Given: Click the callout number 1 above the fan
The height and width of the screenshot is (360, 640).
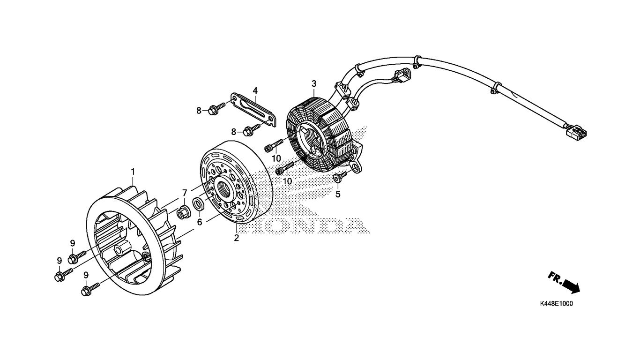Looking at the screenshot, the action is (133, 172).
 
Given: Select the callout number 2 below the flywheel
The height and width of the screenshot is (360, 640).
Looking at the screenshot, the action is (236, 238).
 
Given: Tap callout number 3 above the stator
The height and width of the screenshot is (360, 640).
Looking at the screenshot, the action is (314, 84).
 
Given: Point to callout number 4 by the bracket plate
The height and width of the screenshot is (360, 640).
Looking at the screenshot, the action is (255, 91).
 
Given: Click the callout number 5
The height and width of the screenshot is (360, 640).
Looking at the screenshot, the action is (338, 195).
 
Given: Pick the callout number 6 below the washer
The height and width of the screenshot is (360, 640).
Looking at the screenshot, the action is (200, 222).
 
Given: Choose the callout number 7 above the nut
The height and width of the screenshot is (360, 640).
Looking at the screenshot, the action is (185, 193).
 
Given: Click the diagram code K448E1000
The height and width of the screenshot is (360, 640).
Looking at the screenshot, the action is (556, 304).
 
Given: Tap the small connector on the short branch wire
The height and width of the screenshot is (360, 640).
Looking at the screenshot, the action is (402, 75).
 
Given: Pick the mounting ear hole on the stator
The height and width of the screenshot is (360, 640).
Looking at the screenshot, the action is (355, 167).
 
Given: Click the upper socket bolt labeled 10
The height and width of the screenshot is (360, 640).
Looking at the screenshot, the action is (274, 145).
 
